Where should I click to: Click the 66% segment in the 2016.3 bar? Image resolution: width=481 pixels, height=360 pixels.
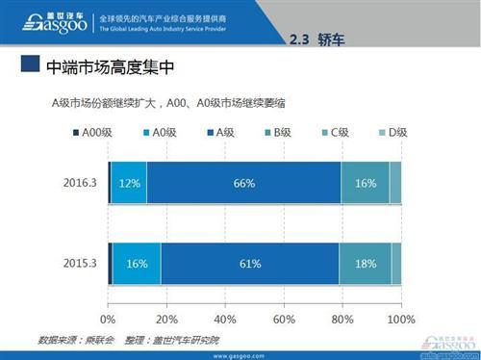pyautogui.click(x=243, y=183)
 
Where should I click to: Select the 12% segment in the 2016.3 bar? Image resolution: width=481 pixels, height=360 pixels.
pyautogui.click(x=129, y=183)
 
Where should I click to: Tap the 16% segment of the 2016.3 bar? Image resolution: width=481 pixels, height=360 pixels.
pyautogui.click(x=366, y=183)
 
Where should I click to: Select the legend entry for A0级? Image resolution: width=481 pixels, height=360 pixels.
pyautogui.click(x=159, y=131)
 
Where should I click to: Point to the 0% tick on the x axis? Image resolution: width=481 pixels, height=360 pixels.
pyautogui.click(x=109, y=319)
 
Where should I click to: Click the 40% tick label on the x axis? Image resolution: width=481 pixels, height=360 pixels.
pyautogui.click(x=225, y=319)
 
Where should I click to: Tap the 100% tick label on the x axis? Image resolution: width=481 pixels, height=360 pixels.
pyautogui.click(x=399, y=319)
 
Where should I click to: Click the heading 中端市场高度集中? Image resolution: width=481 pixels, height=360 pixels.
pyautogui.click(x=109, y=68)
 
